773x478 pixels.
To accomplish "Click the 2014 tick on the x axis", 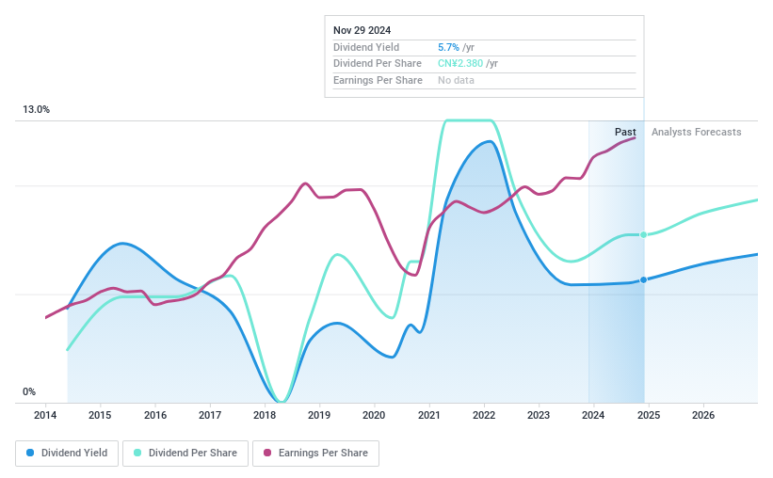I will click(45, 415).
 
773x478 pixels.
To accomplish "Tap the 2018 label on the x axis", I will click(265, 415).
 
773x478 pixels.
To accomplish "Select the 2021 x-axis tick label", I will click(429, 415).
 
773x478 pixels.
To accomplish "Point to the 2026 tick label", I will click(702, 415).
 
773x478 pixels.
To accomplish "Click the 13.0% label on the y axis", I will click(36, 110).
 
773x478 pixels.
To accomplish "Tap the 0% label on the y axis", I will click(29, 391).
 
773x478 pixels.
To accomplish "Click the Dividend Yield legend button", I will click(67, 453).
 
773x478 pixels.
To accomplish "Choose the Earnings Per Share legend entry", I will click(315, 453).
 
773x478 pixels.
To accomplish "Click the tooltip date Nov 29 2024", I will click(363, 29).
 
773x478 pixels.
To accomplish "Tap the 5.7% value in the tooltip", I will click(450, 47).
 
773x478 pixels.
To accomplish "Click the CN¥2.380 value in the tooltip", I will click(460, 63).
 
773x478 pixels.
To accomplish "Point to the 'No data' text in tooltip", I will click(456, 80).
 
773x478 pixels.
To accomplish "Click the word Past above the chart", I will click(625, 132).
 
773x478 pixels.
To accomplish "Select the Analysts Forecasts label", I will click(696, 132).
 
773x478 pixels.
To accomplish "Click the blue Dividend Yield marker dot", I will click(643, 279).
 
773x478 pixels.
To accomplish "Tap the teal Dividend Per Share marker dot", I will click(643, 234).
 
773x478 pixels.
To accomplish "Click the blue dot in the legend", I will click(31, 453).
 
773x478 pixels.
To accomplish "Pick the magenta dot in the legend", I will click(267, 453).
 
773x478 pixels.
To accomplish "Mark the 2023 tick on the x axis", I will click(539, 415).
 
